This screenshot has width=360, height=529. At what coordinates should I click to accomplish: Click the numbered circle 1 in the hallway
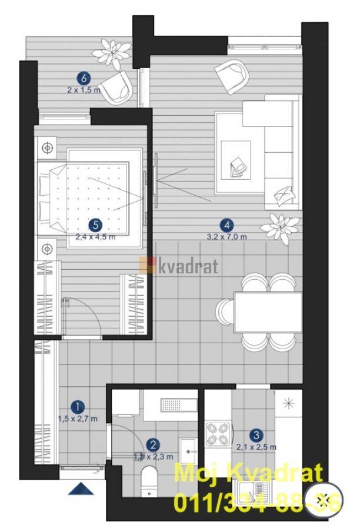click(x=76, y=406)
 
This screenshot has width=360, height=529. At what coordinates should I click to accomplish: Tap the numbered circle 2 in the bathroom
click(x=153, y=446)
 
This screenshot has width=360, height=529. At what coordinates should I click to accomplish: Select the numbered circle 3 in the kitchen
click(x=256, y=436)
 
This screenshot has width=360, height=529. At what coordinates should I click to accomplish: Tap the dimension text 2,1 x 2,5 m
click(x=256, y=448)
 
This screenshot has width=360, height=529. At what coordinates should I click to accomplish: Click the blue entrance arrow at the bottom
click(x=81, y=488)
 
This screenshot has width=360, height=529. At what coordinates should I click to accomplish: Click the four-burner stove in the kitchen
click(x=218, y=434)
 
